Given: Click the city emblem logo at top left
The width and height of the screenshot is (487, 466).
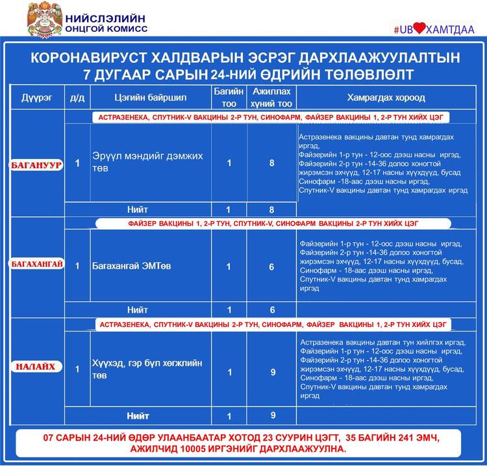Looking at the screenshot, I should (45, 18).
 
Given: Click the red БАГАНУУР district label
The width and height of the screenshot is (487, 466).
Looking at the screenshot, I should (36, 165).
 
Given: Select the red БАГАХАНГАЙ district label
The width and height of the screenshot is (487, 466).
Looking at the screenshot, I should (36, 264).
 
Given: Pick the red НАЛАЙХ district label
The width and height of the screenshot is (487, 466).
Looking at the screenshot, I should (36, 367).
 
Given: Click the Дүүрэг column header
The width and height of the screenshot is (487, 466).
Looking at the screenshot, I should (36, 98).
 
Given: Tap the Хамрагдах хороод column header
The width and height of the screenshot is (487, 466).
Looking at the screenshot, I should (386, 98).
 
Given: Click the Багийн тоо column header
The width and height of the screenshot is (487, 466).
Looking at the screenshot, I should (229, 97).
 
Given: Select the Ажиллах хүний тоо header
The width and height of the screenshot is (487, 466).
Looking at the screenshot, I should (271, 97).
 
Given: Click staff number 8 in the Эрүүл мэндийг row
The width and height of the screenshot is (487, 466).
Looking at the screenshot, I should (272, 163).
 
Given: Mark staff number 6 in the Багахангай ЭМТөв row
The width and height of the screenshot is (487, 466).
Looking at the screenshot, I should (272, 267).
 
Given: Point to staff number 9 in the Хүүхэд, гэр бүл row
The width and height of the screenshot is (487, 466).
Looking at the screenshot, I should (273, 372).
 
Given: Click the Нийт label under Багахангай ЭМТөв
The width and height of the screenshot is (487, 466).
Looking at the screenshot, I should (138, 310).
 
